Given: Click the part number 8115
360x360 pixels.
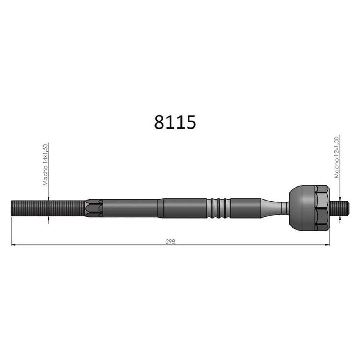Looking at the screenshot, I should pyautogui.click(x=175, y=122).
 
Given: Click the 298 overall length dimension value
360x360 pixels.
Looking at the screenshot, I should pyautogui.click(x=170, y=242).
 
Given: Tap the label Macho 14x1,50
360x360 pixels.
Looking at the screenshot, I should pyautogui.click(x=46, y=165).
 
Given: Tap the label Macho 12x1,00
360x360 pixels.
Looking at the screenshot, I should pyautogui.click(x=337, y=157).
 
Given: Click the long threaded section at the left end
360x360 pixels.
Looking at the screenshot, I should pyautogui.click(x=47, y=208).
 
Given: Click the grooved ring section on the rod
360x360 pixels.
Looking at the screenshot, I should pyautogui.click(x=219, y=208).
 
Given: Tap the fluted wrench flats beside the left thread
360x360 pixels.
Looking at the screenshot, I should pyautogui.click(x=94, y=208).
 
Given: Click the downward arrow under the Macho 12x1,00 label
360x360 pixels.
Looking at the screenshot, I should pyautogui.click(x=339, y=198).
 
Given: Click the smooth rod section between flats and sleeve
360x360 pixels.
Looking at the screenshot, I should pyautogui.click(x=130, y=208).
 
